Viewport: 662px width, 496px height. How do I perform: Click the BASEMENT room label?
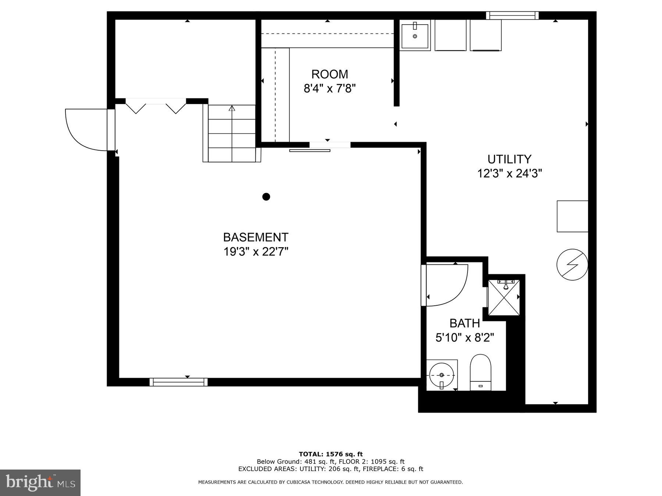(x=256, y=237)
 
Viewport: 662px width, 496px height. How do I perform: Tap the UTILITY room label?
(x=509, y=159)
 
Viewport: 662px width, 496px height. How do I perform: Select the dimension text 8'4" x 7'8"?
(x=330, y=89)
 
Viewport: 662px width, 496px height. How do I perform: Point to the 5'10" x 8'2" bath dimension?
(x=465, y=337)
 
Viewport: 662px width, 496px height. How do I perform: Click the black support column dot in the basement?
(x=266, y=197)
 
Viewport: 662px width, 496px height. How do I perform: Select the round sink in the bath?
(x=442, y=375)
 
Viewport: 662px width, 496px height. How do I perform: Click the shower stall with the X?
(x=504, y=298)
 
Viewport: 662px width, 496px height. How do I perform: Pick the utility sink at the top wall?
(x=415, y=36)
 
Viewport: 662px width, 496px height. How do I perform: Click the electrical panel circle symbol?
(x=572, y=265)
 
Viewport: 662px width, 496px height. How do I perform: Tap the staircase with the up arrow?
(x=232, y=133)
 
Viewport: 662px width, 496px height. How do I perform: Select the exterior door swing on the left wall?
(x=86, y=130)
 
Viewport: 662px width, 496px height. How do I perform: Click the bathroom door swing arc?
(x=447, y=285)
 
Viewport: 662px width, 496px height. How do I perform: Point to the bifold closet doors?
(x=156, y=105)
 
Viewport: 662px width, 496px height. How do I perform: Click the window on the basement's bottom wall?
(x=178, y=382)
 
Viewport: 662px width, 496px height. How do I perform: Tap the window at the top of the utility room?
(x=512, y=15)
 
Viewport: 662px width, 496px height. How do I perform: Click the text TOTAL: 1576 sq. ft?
(x=330, y=454)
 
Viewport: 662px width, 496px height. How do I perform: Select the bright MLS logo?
(x=40, y=482)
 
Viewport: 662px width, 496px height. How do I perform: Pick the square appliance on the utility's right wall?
(x=572, y=216)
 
